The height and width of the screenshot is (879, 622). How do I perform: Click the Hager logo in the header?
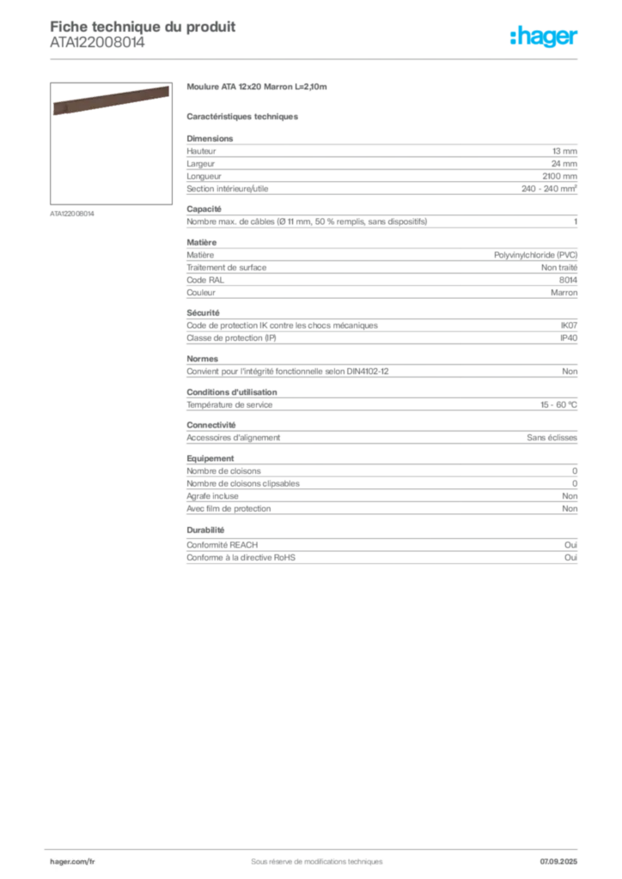(x=544, y=36)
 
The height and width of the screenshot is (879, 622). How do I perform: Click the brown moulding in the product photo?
(x=111, y=100)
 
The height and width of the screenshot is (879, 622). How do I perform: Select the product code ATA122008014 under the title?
(x=98, y=43)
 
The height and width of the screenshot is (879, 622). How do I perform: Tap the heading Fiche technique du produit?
(x=143, y=27)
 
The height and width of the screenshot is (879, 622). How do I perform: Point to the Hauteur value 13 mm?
(x=564, y=151)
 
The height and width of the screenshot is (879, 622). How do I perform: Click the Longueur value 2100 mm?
(x=559, y=176)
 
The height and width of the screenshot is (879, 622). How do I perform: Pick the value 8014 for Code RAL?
(x=568, y=280)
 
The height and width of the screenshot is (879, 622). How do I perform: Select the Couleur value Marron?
(x=564, y=293)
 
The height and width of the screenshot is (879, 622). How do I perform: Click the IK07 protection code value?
(x=569, y=325)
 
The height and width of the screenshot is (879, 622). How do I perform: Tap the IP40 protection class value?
(x=569, y=338)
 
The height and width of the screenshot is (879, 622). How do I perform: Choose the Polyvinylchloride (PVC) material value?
(x=535, y=255)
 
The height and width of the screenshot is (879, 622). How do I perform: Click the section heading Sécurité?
(x=203, y=312)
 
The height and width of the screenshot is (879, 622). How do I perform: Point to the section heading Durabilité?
(x=205, y=530)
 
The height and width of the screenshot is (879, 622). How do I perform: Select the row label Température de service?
(x=229, y=405)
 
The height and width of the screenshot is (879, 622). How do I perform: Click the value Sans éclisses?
(x=552, y=437)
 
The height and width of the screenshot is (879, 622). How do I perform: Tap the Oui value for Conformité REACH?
(x=570, y=545)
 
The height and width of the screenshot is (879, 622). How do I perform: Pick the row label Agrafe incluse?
(x=212, y=496)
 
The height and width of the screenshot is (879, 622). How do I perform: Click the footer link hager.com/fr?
(x=72, y=862)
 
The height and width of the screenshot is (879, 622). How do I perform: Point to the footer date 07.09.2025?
(x=558, y=862)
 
